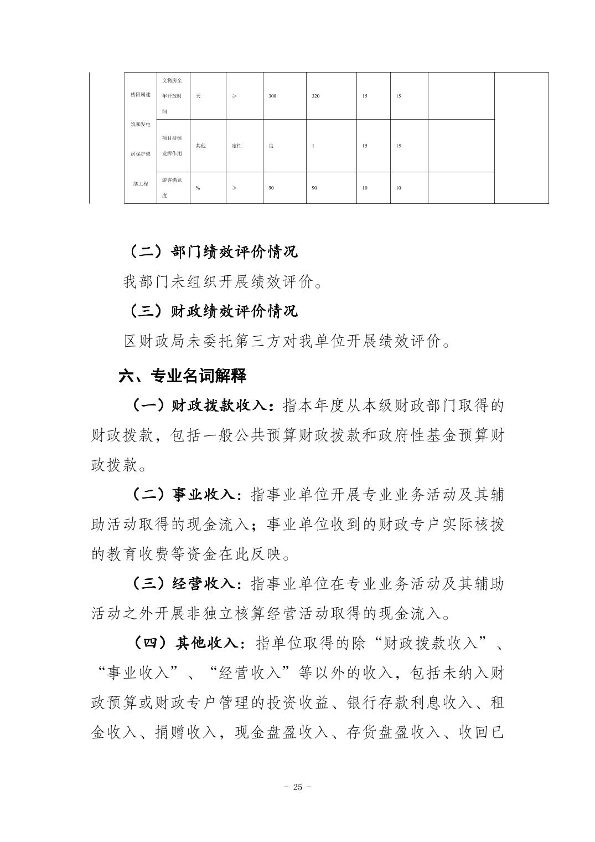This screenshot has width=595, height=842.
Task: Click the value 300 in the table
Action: pos(272,96)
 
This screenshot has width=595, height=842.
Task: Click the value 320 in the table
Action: pos(315,96)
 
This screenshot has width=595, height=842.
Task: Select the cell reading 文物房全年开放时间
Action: pos(173,96)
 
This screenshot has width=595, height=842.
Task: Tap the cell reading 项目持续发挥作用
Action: pos(173,145)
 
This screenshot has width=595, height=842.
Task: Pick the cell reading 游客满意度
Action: pos(173,187)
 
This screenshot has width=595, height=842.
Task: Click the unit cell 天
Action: pos(198,96)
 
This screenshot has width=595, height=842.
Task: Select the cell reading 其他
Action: pos(200,146)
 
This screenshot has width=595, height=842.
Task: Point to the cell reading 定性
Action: pos(236,146)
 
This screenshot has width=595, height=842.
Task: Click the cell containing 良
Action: pos(271,146)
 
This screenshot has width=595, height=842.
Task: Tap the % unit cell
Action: pos(198,188)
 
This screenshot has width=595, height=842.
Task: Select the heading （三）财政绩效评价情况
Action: pos(213,311)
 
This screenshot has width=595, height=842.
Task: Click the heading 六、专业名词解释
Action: pos(183,377)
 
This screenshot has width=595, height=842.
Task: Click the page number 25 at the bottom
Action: pos(297,787)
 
